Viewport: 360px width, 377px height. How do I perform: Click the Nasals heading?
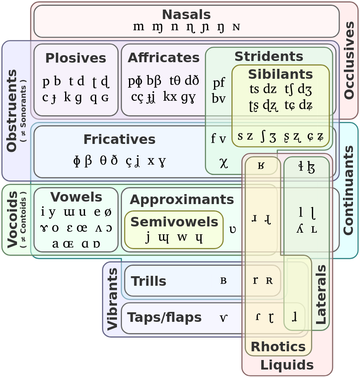[x=186, y=15]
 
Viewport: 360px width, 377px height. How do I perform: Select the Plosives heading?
[x=76, y=58]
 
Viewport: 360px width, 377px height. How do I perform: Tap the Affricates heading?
[x=163, y=58]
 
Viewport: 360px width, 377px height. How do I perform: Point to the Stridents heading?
[x=269, y=56]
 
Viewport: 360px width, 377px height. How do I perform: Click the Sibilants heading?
[x=280, y=74]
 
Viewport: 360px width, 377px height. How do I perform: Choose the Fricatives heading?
[x=119, y=139]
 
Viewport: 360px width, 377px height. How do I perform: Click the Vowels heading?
[x=76, y=197]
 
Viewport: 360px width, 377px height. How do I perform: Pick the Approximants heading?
[x=182, y=200]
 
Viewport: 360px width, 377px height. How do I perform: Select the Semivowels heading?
[x=174, y=222]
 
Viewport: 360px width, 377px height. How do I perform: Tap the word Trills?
[x=148, y=281]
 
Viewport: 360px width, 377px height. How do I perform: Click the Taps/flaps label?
[x=164, y=317]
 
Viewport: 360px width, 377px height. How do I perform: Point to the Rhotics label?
[x=278, y=347]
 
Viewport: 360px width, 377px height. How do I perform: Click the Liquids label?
[x=287, y=365]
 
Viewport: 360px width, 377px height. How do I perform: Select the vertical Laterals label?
[x=321, y=294]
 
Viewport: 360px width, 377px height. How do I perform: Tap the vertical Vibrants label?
[x=112, y=299]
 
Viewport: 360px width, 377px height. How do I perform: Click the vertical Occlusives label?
[x=349, y=61]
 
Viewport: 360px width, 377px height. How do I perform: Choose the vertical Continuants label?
[x=348, y=190]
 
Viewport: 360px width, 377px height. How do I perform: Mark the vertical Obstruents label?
[x=12, y=111]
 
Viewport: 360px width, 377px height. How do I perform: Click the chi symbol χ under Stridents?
[x=224, y=163]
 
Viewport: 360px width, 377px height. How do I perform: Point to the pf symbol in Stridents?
[x=219, y=83]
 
